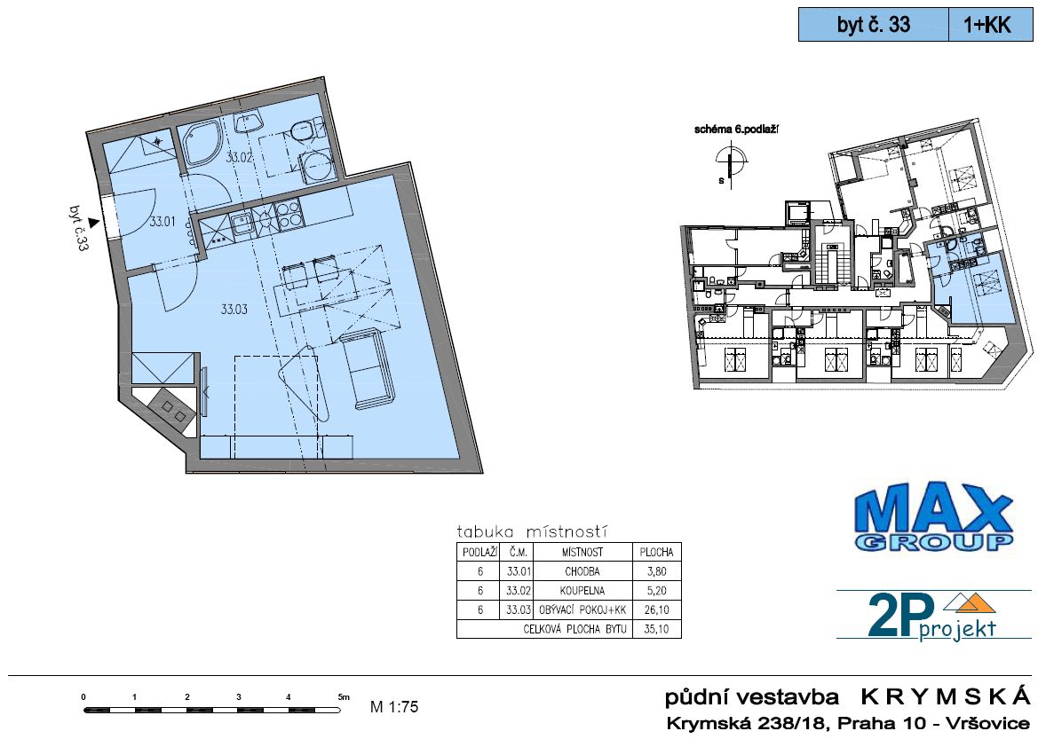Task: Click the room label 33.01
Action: tap(162, 222)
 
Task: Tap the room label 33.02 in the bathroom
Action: tap(240, 157)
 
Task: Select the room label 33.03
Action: tap(234, 309)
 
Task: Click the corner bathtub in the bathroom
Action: tap(203, 144)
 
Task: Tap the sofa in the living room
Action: tap(368, 368)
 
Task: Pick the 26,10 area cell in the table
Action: tap(656, 610)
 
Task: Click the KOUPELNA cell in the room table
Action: tap(582, 591)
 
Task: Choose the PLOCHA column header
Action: tap(656, 552)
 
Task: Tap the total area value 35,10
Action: tap(656, 629)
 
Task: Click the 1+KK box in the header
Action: tap(990, 25)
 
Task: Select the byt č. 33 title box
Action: tap(874, 25)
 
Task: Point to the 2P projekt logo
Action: tap(933, 617)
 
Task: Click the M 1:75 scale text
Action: tap(394, 706)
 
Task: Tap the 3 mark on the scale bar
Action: tap(238, 696)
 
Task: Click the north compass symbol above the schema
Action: tap(731, 162)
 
